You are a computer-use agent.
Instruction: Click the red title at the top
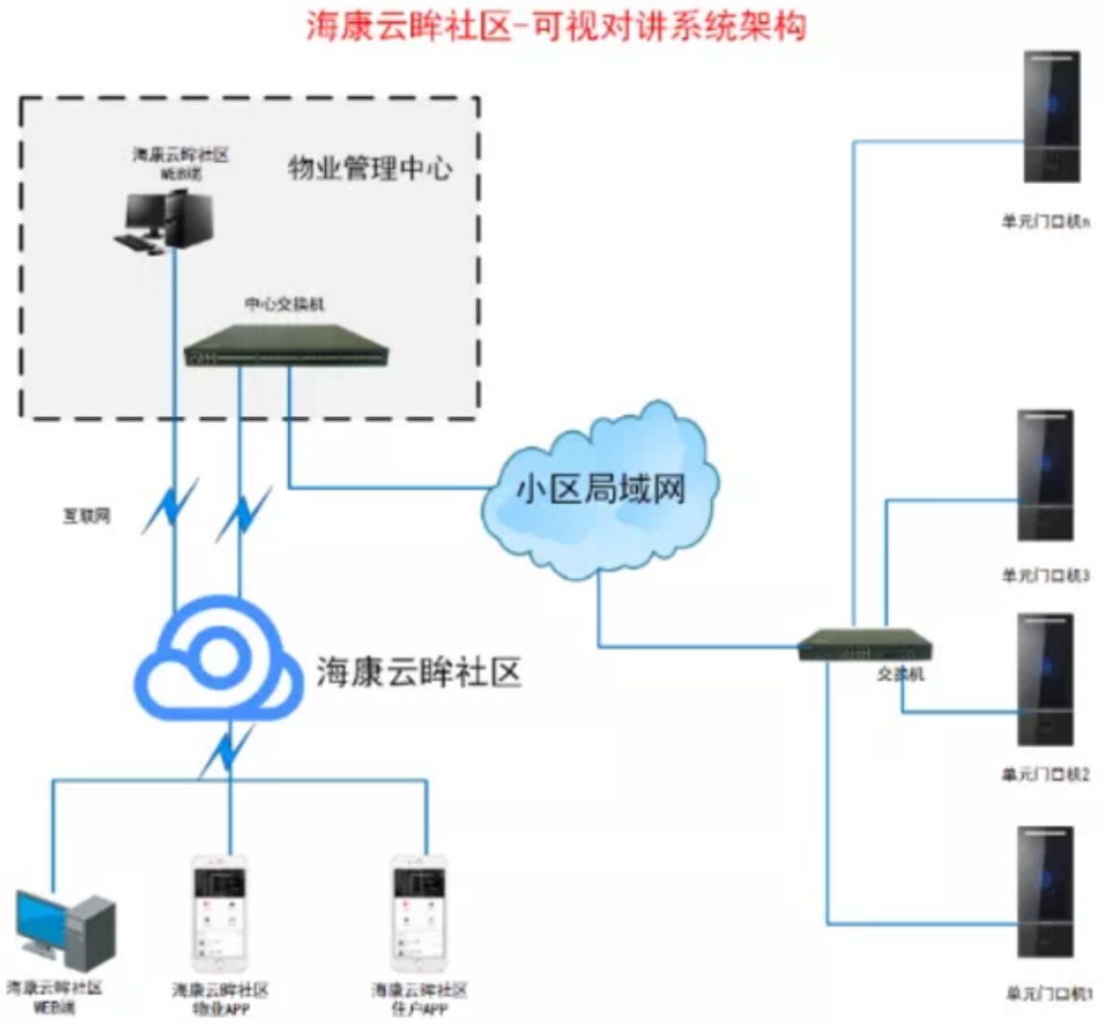click(x=556, y=26)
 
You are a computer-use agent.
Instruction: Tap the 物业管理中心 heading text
click(x=370, y=169)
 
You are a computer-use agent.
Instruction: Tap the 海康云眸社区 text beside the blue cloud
click(x=419, y=672)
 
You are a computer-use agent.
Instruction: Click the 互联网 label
click(x=86, y=516)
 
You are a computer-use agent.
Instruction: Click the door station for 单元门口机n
click(x=1050, y=117)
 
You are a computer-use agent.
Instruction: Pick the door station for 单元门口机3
click(x=1045, y=476)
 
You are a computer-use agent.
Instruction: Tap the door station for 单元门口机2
click(x=1045, y=680)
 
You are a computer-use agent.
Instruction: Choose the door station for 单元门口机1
click(x=1045, y=892)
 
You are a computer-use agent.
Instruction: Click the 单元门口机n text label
click(x=1046, y=222)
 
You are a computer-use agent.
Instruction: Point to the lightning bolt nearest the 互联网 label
click(x=171, y=506)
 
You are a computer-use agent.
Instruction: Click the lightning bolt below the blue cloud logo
click(x=227, y=750)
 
